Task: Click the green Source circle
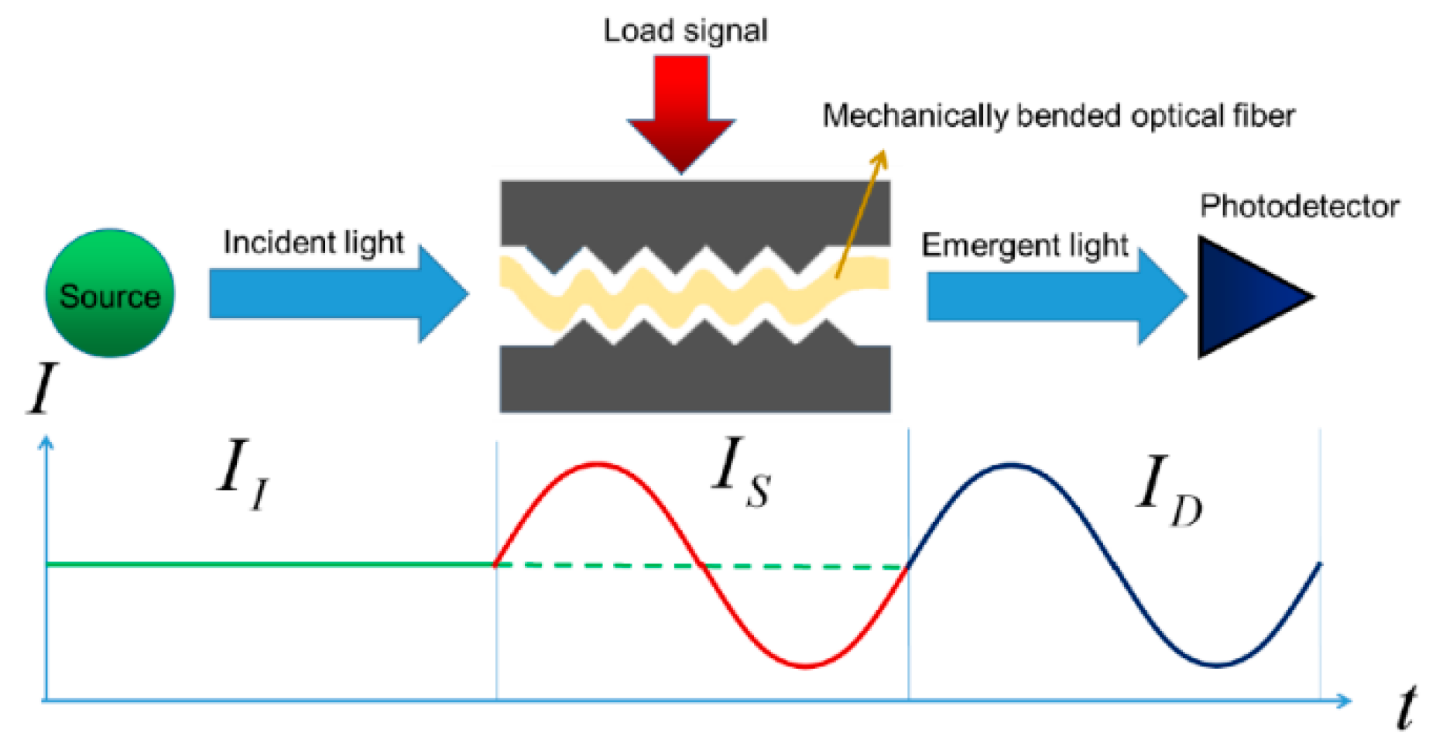click(x=109, y=293)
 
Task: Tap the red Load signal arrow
click(x=681, y=108)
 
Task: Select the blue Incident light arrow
click(x=333, y=293)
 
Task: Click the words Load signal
click(x=685, y=31)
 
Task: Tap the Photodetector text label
click(x=1299, y=207)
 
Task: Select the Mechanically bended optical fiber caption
click(x=1057, y=116)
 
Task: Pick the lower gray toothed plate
click(x=694, y=379)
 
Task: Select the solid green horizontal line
click(x=271, y=564)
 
